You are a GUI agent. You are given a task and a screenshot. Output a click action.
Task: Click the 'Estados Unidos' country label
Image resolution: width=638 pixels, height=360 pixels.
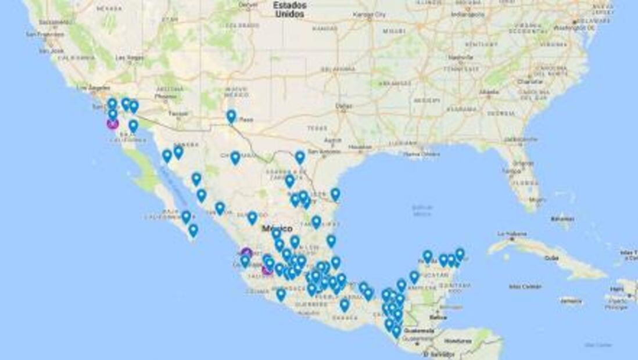[x=291, y=9]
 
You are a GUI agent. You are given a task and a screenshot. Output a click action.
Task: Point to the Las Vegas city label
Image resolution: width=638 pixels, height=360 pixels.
[x=129, y=58]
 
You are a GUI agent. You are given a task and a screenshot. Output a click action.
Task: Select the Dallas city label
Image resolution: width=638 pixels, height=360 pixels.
[x=343, y=106]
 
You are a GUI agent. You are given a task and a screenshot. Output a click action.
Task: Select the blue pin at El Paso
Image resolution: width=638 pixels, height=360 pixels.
[x=231, y=116]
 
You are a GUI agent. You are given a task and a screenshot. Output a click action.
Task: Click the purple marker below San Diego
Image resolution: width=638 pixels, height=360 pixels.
[x=112, y=123]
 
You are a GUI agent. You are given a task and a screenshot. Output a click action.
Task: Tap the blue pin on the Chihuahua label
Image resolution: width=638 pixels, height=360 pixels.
[x=235, y=157]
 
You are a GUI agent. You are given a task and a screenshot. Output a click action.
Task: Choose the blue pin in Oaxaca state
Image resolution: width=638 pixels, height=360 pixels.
[x=345, y=304]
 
